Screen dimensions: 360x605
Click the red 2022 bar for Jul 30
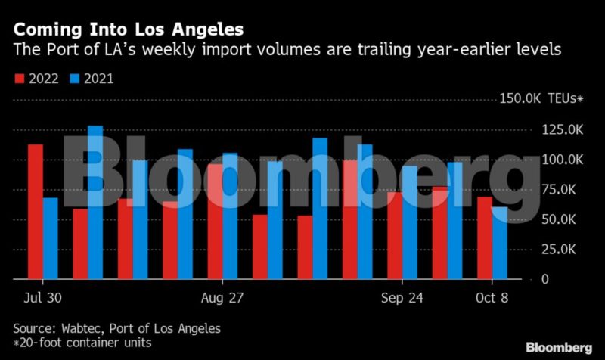[36, 212]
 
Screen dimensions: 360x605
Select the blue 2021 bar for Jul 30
[50, 238]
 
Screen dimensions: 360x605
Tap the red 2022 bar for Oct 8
[485, 237]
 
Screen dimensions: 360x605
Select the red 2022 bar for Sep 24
[395, 235]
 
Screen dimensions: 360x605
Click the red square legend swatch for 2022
[20, 78]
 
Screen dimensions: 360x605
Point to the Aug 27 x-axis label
[223, 297]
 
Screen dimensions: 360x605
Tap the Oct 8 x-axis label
[492, 297]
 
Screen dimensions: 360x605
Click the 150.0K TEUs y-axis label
[541, 99]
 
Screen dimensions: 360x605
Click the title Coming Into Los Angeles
[129, 30]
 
